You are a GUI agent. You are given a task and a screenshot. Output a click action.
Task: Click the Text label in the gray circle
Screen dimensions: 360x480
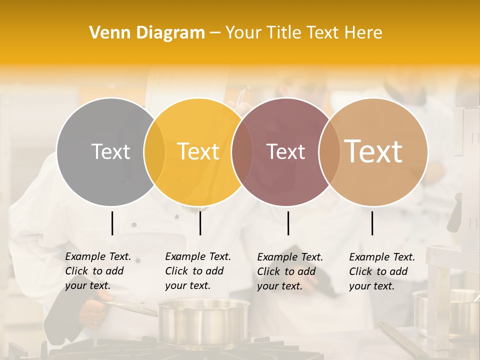[110, 151]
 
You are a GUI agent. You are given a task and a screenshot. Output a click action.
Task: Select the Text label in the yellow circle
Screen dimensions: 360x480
[198, 151]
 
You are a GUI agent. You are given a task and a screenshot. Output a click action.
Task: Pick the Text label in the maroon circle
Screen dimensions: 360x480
[285, 152]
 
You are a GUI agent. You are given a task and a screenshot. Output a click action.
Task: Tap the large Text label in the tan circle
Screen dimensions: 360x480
[373, 151]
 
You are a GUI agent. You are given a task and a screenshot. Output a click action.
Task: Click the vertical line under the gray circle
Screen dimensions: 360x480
[112, 223]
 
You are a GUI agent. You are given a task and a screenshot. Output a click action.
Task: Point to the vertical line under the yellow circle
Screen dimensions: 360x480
[200, 223]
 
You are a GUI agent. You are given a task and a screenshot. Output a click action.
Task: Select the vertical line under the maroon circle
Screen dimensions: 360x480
[288, 223]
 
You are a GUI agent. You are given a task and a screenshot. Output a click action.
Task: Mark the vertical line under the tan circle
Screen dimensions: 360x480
[372, 223]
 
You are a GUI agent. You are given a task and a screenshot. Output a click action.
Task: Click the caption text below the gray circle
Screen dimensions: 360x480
[97, 271]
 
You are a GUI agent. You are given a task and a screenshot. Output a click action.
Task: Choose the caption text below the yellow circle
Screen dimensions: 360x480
[197, 271]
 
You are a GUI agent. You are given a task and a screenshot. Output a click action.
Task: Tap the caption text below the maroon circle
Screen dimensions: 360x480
[289, 271]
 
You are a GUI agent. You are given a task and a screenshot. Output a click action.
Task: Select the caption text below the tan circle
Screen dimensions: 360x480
[381, 271]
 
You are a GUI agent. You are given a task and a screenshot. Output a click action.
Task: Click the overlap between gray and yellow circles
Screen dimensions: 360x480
[154, 151]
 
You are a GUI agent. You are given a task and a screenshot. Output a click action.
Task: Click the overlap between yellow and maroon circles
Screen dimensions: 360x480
[241, 151]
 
